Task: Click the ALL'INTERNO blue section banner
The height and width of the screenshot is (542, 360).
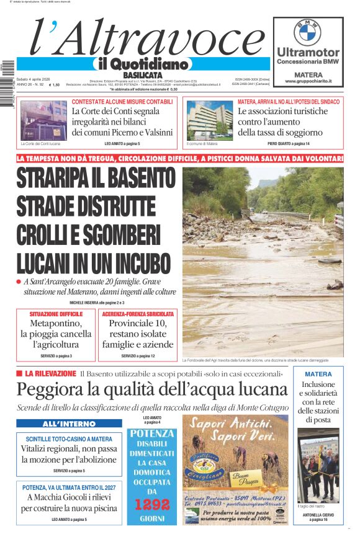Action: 69,424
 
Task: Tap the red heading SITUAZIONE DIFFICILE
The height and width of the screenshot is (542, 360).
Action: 56,314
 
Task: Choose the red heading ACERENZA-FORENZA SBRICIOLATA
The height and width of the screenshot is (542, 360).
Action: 138,314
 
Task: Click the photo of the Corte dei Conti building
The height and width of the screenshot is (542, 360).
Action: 43,120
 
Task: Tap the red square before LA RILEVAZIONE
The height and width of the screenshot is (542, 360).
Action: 20,373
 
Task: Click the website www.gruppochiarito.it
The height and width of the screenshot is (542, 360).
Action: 308,81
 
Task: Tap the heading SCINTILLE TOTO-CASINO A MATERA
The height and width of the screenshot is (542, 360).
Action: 69,439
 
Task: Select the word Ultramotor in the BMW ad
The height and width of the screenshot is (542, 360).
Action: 308,53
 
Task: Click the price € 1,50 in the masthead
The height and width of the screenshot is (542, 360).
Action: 55,85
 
